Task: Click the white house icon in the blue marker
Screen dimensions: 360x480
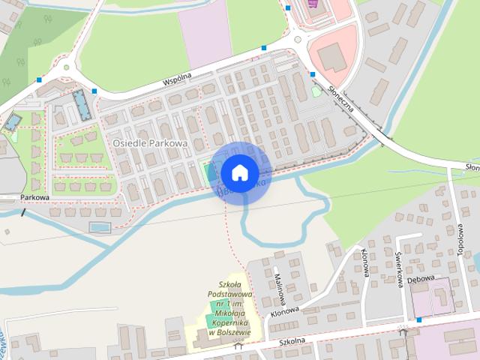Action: (x=239, y=172)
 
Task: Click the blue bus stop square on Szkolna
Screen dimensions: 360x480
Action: (x=418, y=320)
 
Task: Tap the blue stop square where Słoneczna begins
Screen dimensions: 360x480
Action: (x=311, y=74)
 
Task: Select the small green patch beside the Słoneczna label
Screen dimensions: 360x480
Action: (x=316, y=91)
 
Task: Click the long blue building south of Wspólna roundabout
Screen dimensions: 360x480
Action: (x=79, y=106)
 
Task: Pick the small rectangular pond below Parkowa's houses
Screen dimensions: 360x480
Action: (x=99, y=226)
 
